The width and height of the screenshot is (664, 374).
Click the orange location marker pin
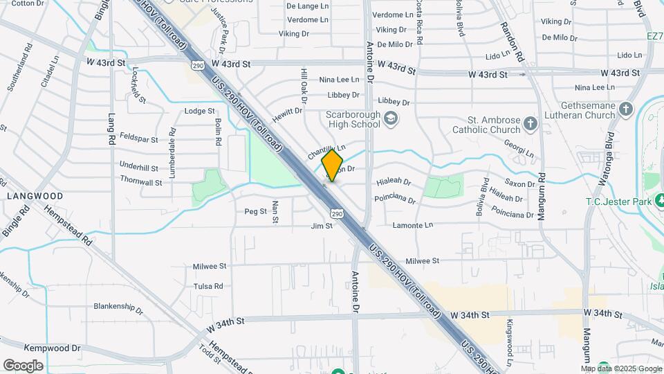pos(333,165)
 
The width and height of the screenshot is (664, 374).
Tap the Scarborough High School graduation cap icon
pos(391,118)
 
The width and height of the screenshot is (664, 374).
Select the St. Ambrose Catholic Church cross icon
pos(531,124)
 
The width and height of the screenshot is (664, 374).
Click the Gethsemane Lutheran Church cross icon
pos(625,109)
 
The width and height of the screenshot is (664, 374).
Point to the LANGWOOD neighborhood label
pos(35,196)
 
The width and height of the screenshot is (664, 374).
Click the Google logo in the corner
pos(23,365)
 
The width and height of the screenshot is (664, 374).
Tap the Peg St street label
pos(255,211)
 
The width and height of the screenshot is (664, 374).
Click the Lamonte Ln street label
pos(412,225)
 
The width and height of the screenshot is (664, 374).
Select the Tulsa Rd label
pos(208,286)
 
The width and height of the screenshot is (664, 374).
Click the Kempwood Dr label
pos(53,348)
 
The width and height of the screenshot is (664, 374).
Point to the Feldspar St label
pos(140,139)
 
